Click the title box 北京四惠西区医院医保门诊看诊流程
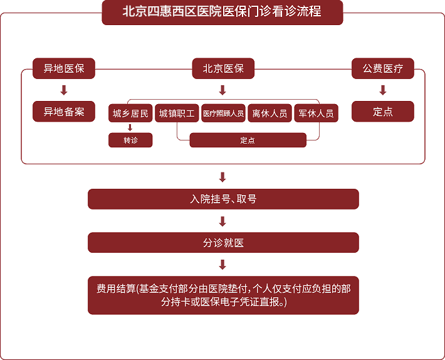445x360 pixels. (223, 13)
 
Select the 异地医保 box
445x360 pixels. (64, 68)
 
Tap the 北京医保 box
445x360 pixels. (223, 68)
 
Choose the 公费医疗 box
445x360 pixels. (383, 68)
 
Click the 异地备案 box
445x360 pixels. (64, 111)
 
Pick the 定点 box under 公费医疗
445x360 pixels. (383, 111)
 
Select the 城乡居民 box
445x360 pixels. (130, 114)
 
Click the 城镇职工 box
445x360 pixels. (177, 114)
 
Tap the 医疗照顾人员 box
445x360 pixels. (223, 114)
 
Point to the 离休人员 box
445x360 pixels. (270, 114)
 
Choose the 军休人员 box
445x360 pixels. (316, 114)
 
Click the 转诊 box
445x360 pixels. (130, 140)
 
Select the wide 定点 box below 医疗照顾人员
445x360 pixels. (248, 140)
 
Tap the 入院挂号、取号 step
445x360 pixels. (223, 199)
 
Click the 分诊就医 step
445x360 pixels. (223, 243)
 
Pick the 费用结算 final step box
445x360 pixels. (223, 295)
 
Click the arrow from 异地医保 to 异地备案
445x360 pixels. (64, 90)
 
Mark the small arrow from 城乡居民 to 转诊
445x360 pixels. (130, 128)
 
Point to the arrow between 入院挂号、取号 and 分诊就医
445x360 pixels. (223, 221)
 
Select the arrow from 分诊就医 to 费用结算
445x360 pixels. (223, 265)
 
